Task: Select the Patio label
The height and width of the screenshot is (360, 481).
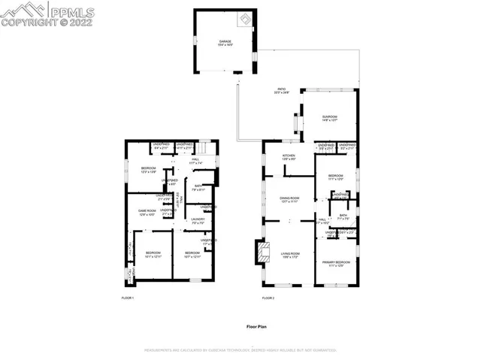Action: pos(282,91)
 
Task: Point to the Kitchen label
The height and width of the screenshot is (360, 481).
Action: pos(289,158)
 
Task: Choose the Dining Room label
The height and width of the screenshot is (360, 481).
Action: pos(289,200)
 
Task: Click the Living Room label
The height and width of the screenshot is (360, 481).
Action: pos(290,255)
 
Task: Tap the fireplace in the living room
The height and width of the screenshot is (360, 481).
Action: pos(260,253)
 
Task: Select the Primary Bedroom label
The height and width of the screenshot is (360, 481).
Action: pos(334,264)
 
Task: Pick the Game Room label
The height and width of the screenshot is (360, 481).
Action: pos(147,213)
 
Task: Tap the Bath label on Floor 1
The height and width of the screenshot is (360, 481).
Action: pos(197,188)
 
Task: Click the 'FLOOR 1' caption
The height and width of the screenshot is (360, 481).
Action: pos(128,298)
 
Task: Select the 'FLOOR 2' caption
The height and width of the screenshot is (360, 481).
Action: pos(268,298)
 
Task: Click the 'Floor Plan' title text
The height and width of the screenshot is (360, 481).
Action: pos(257,326)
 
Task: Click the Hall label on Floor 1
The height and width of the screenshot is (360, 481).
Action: pos(195,160)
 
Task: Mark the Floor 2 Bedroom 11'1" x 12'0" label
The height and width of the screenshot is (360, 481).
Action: pos(335,178)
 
